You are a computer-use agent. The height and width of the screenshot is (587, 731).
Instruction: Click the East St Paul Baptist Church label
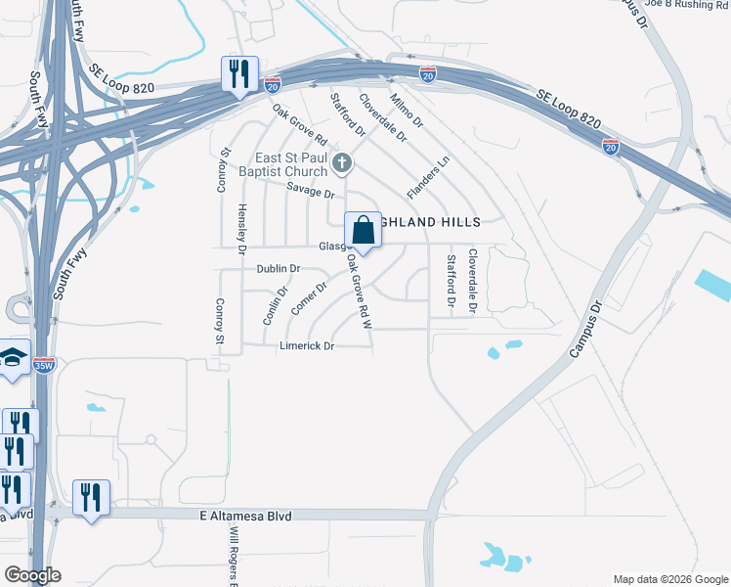point(291,165)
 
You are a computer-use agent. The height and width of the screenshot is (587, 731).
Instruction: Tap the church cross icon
point(341,162)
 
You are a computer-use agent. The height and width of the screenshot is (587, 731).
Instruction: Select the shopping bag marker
point(363,232)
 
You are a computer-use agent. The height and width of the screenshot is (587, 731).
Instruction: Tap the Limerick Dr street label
point(308,346)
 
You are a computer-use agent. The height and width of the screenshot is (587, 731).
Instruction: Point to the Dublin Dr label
point(279,268)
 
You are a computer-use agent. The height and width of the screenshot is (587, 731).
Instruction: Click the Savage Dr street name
point(311,193)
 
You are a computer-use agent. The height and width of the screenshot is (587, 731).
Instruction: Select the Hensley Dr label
point(241,230)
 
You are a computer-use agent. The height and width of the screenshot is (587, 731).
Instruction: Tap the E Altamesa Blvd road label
point(244,516)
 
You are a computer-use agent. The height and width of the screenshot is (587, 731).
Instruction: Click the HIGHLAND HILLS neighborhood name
point(430,223)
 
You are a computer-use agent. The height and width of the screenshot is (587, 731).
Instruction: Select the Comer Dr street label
point(308,293)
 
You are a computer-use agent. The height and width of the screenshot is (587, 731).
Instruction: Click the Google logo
point(32,575)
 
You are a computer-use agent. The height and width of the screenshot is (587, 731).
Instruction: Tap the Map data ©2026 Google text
point(669,578)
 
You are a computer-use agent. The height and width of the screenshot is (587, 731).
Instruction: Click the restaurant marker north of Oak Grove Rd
point(238,73)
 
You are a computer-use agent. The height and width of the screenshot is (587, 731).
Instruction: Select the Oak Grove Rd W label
point(359,293)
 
